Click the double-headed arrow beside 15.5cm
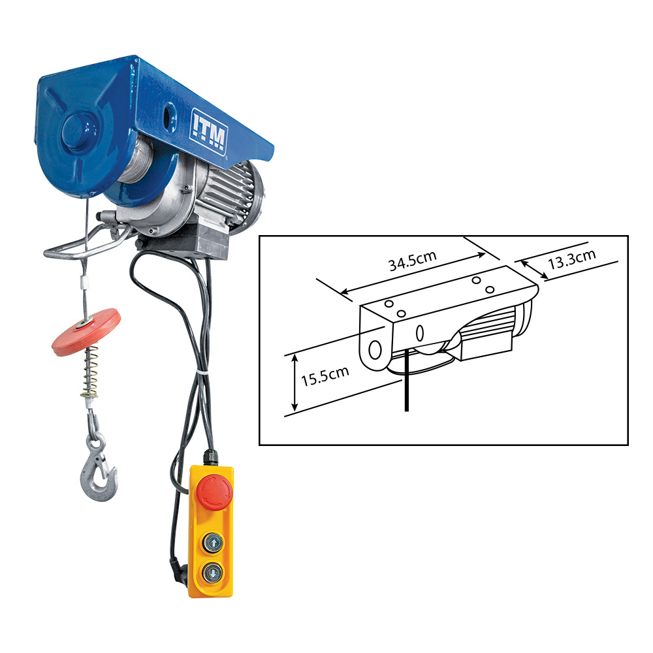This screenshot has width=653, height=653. click(x=295, y=382)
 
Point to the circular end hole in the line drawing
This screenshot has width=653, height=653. click(x=375, y=349)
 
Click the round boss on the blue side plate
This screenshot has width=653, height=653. click(x=78, y=131)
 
